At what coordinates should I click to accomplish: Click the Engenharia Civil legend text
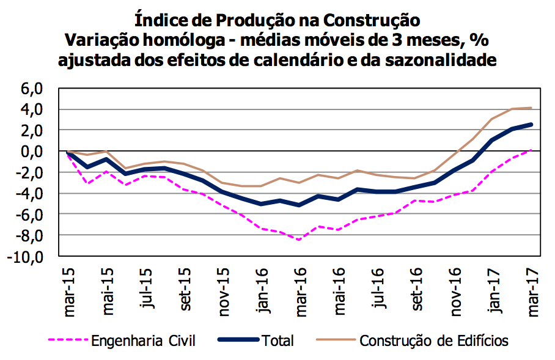(144, 340)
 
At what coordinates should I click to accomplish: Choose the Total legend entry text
(278, 340)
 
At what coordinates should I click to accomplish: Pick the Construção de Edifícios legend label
(434, 340)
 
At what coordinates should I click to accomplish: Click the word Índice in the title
(160, 20)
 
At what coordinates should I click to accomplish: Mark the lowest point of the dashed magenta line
(300, 240)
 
